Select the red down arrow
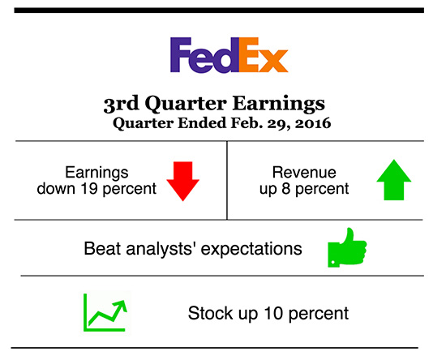pos(182,180)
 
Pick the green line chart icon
pos(105,312)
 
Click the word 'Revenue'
pos(298,172)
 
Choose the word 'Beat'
pos(101,248)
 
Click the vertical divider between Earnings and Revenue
pos(226,180)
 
